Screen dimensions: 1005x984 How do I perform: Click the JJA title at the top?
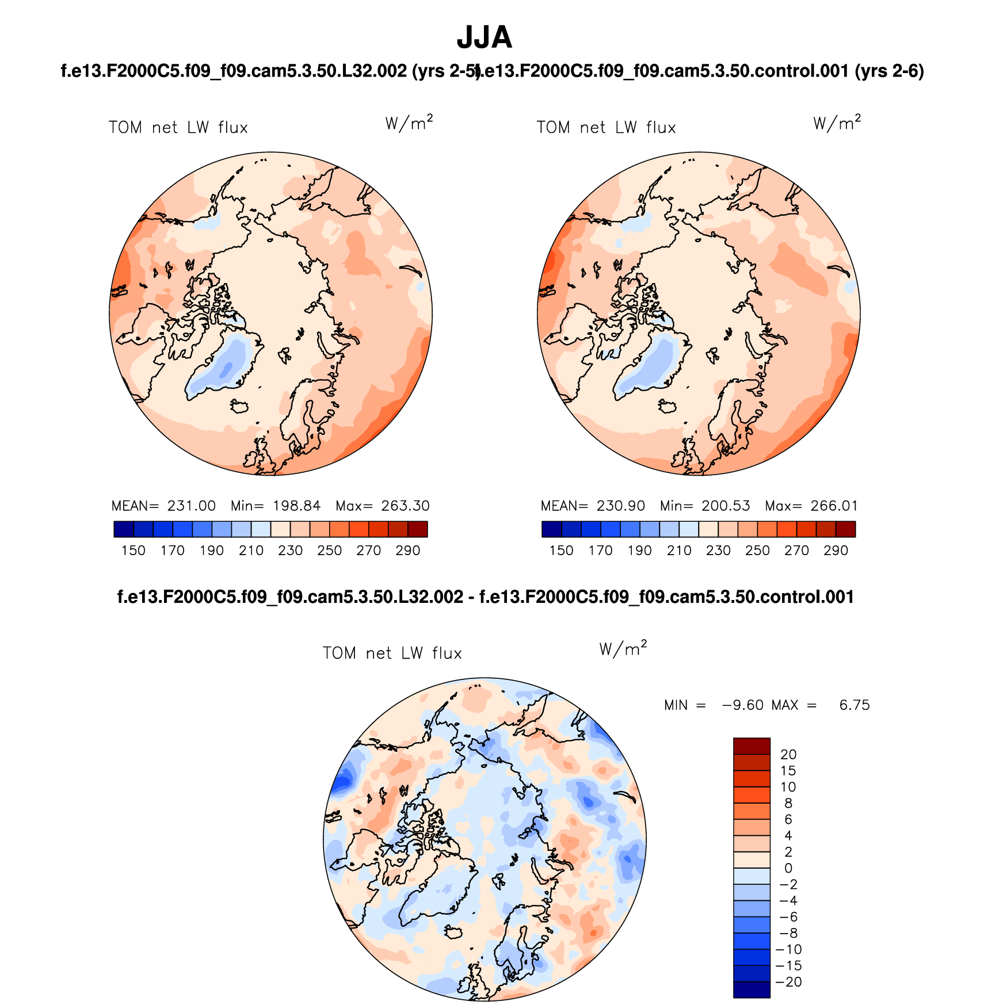point(484,38)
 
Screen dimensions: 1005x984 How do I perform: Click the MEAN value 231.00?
point(191,506)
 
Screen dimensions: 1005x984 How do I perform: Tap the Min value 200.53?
point(726,506)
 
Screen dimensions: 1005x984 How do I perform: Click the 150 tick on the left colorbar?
point(134,551)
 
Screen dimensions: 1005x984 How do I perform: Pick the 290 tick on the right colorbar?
point(836,551)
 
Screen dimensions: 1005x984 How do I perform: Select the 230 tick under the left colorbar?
point(290,551)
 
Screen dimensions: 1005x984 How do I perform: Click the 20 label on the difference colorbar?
point(788,755)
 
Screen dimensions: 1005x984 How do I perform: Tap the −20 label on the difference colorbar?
point(789,982)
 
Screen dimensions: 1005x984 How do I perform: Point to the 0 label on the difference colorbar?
point(788,868)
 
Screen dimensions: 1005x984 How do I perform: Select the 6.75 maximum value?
point(855,705)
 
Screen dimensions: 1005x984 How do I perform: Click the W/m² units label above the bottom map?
point(623,649)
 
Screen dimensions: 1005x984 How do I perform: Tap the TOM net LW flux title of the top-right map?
point(606,128)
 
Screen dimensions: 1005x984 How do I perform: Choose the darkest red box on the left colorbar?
point(417,529)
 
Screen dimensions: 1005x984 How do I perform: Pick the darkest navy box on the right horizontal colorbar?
point(551,529)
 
